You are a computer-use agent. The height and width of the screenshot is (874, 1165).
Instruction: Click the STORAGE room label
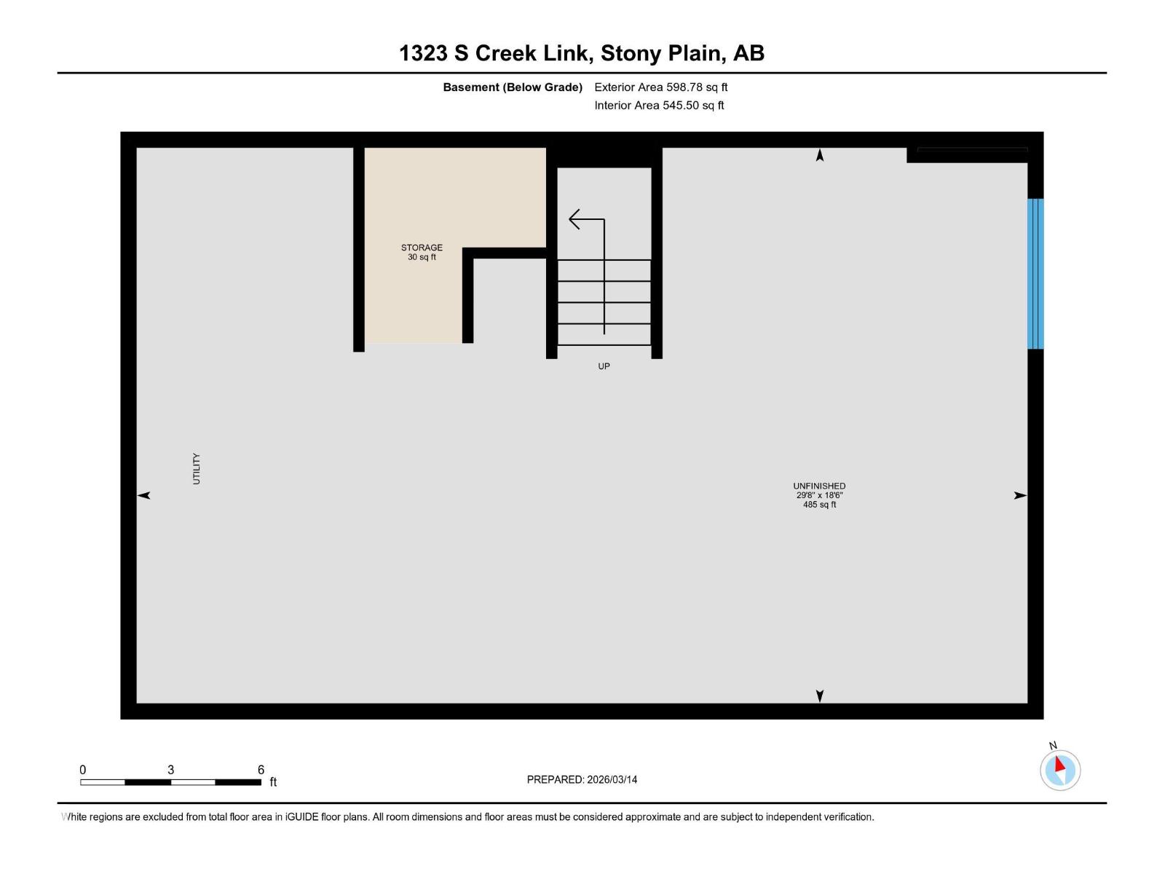pyautogui.click(x=422, y=248)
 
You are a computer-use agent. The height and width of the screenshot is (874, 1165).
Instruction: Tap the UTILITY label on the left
pyautogui.click(x=196, y=468)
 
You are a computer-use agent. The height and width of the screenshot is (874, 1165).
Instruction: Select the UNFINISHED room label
pyautogui.click(x=819, y=486)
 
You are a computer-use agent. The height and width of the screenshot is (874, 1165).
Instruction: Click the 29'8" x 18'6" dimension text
pyautogui.click(x=819, y=495)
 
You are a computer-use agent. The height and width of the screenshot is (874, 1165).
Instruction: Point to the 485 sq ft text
pyautogui.click(x=819, y=505)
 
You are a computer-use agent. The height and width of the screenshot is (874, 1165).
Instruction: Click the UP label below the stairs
pyautogui.click(x=604, y=366)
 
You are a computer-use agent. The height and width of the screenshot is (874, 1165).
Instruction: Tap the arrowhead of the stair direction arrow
pyautogui.click(x=573, y=219)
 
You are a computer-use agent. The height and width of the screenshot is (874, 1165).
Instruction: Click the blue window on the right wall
pyautogui.click(x=1035, y=274)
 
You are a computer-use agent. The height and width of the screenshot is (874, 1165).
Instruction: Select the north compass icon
pyautogui.click(x=1059, y=770)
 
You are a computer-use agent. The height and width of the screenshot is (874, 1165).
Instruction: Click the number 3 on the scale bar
pyautogui.click(x=170, y=770)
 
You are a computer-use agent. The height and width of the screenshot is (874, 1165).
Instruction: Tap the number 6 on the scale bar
pyautogui.click(x=261, y=770)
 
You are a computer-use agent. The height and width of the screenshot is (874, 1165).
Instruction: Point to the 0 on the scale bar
pyautogui.click(x=82, y=770)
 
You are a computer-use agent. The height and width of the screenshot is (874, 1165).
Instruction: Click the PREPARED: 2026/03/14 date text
pyautogui.click(x=582, y=779)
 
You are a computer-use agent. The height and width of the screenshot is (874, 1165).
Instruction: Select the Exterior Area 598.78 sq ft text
pyautogui.click(x=660, y=87)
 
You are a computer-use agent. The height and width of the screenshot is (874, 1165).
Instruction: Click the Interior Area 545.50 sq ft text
pyautogui.click(x=659, y=106)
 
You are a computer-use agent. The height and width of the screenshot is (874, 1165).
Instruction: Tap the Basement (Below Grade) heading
pyautogui.click(x=513, y=87)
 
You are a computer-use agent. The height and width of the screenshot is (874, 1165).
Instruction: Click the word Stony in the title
pyautogui.click(x=631, y=53)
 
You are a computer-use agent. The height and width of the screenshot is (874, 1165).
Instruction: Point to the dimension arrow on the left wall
pyautogui.click(x=144, y=495)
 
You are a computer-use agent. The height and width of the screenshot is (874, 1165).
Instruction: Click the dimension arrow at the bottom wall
pyautogui.click(x=820, y=696)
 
